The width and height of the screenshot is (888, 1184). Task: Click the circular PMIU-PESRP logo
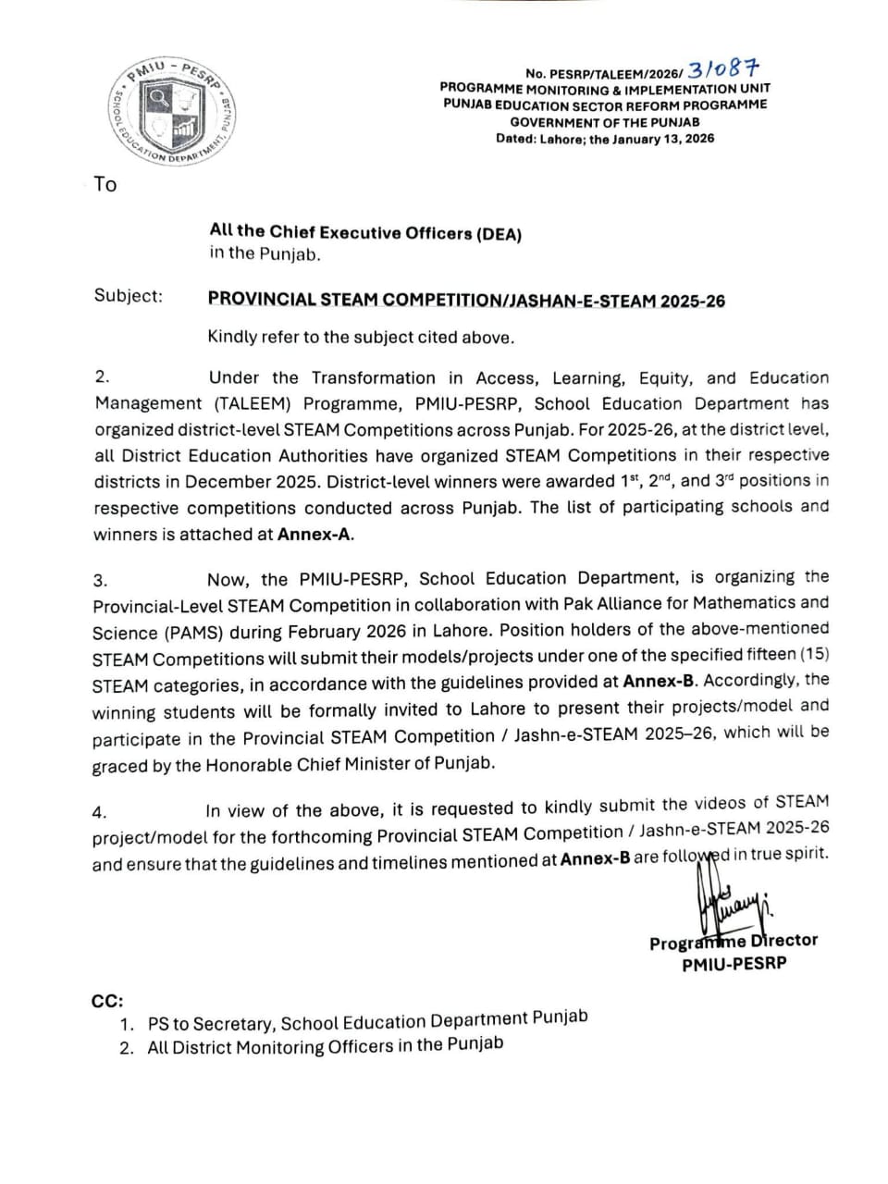tap(175, 112)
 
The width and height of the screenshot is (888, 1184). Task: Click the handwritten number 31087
tap(723, 69)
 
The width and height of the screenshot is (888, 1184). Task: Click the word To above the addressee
tap(105, 184)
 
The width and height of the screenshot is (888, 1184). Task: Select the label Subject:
tap(128, 296)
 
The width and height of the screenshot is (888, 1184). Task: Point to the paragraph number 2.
tap(102, 376)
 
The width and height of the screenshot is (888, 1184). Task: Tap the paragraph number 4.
tap(99, 812)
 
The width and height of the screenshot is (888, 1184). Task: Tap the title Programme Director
tap(734, 942)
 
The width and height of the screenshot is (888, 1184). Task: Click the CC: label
tap(106, 1001)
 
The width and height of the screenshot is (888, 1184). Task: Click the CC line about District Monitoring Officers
tap(325, 1046)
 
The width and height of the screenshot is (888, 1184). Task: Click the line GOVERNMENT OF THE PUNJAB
tap(605, 122)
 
